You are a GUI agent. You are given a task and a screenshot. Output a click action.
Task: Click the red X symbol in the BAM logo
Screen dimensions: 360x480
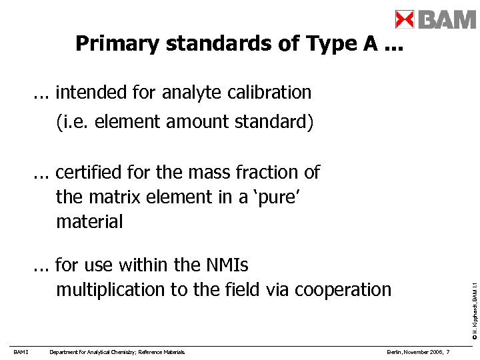click(x=405, y=19)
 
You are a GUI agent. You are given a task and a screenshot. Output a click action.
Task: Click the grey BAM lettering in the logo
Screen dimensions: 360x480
click(x=447, y=19)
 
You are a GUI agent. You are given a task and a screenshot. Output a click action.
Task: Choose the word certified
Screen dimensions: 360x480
click(x=103, y=173)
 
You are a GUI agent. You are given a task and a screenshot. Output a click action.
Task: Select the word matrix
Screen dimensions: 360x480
click(x=112, y=197)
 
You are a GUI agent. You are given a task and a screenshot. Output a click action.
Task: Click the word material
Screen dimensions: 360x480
click(x=89, y=221)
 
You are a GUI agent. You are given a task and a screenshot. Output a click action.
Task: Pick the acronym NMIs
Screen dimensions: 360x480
click(x=226, y=265)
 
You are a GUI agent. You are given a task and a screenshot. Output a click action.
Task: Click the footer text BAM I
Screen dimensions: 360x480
click(x=20, y=352)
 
